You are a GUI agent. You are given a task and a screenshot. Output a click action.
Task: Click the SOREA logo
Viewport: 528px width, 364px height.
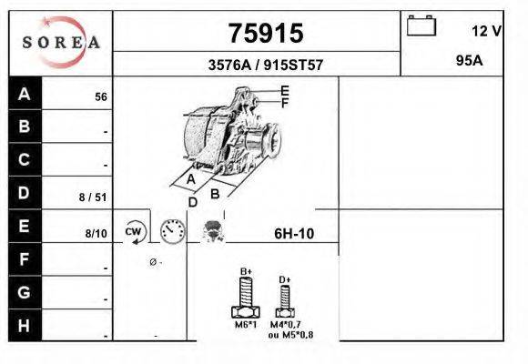pos(61,42)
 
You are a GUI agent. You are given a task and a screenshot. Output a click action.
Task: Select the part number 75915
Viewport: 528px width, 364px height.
pos(266,34)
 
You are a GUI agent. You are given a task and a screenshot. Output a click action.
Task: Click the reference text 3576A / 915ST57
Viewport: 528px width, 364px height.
pos(266,65)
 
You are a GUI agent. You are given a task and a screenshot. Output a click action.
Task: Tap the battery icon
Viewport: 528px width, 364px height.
pos(421,25)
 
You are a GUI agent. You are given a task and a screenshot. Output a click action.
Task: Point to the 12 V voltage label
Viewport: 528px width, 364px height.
pos(486,31)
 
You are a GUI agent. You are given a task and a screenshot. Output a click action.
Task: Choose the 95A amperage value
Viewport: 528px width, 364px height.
pos(469,61)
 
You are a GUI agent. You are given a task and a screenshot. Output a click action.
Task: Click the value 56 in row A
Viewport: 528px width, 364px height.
pos(101,97)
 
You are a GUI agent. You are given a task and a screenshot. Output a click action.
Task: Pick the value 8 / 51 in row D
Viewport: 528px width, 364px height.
pos(93,197)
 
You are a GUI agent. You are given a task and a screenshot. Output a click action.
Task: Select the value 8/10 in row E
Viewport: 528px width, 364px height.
pos(96,233)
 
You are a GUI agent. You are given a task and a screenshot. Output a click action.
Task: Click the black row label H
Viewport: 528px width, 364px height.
pos(25,325)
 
